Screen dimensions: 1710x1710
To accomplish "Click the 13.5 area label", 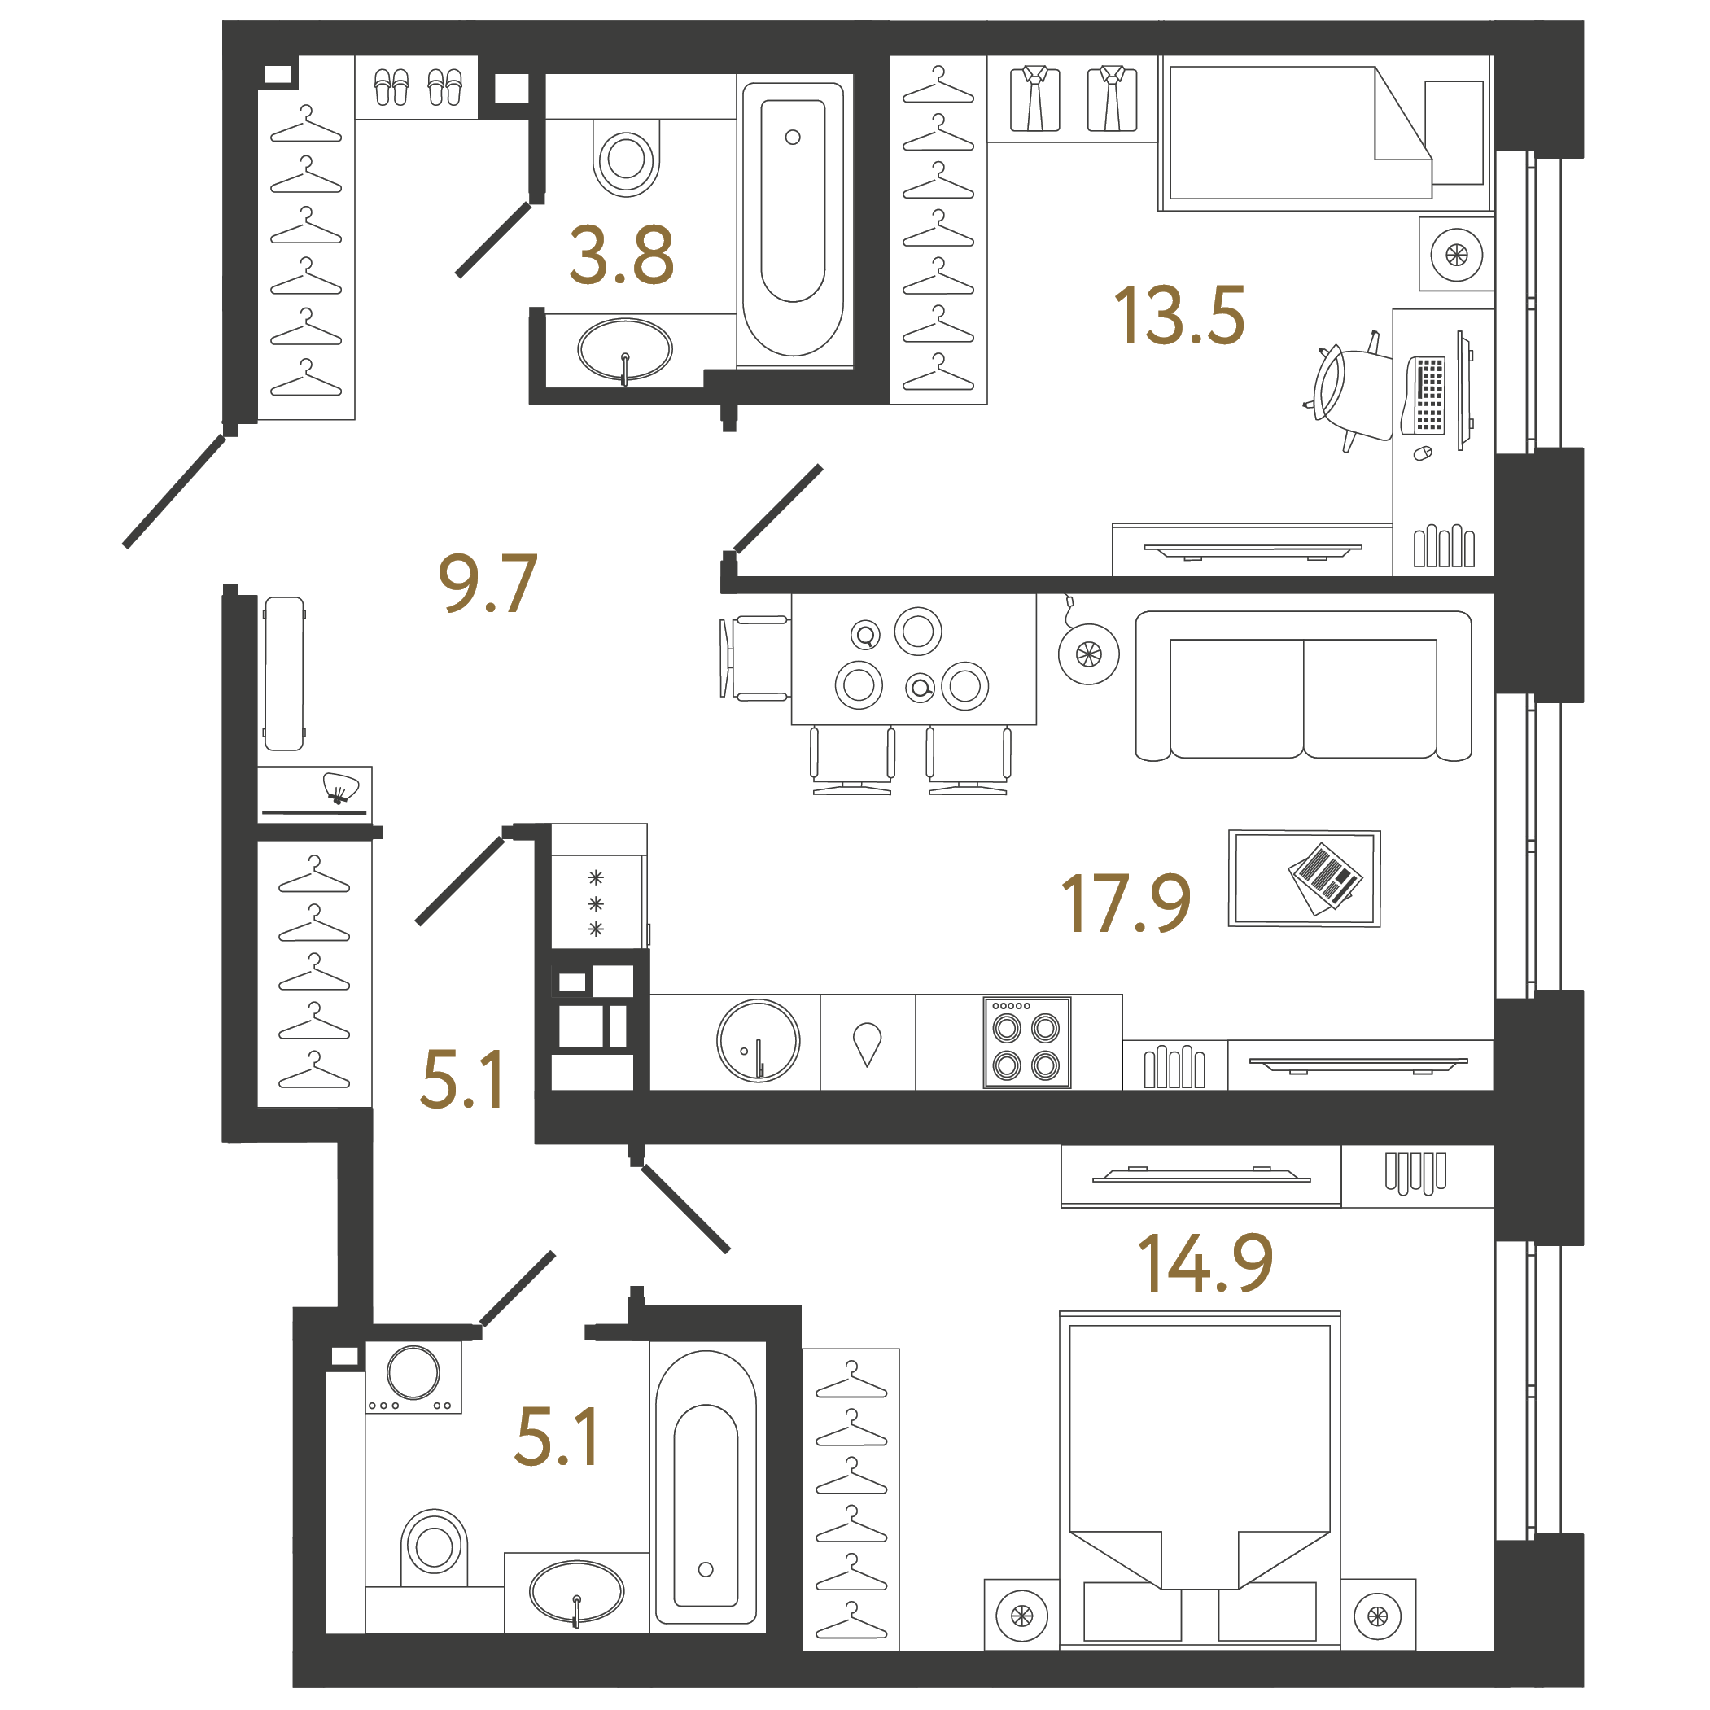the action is (1180, 315).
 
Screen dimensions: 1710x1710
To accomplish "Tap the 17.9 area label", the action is (1126, 903).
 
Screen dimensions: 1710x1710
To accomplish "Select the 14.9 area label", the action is (1205, 1263).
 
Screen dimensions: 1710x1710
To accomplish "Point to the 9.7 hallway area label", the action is (488, 584).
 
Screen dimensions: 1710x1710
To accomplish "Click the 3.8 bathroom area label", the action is (622, 255).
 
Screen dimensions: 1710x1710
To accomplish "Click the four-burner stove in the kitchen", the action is (1026, 1043).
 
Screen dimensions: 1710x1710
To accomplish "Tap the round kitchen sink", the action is (759, 1042).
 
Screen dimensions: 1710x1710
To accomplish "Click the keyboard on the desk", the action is (1424, 395).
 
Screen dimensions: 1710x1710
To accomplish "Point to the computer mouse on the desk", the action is (1423, 453).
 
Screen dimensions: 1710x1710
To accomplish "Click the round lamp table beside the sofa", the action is (1089, 654).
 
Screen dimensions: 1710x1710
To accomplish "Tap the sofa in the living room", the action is (1303, 686).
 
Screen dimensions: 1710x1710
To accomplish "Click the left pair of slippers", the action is (391, 87).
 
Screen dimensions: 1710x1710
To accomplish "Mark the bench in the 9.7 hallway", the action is (283, 674).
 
